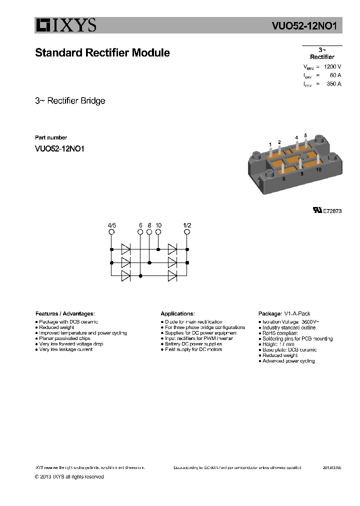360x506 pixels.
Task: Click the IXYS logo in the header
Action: [x=65, y=25]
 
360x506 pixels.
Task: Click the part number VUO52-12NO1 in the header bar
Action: [x=307, y=26]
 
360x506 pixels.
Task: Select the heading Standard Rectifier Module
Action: [x=102, y=52]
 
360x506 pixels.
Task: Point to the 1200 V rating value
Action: [x=332, y=66]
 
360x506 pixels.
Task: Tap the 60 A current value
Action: [x=335, y=75]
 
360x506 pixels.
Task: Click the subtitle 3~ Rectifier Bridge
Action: [x=70, y=100]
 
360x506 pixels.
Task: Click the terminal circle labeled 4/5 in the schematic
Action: [x=111, y=232]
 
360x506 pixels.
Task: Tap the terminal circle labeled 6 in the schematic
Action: [x=140, y=232]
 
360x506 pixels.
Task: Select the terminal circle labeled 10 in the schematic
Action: [x=158, y=232]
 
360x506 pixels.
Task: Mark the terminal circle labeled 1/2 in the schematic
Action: [x=187, y=232]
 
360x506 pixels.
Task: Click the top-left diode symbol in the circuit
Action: [x=125, y=248]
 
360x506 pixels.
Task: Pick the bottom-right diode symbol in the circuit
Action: [x=173, y=275]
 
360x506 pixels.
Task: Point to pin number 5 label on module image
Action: [x=305, y=135]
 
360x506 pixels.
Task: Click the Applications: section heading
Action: [x=177, y=313]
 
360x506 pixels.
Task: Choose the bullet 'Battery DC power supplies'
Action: [x=193, y=344]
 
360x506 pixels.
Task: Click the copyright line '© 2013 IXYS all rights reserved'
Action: [x=69, y=476]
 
